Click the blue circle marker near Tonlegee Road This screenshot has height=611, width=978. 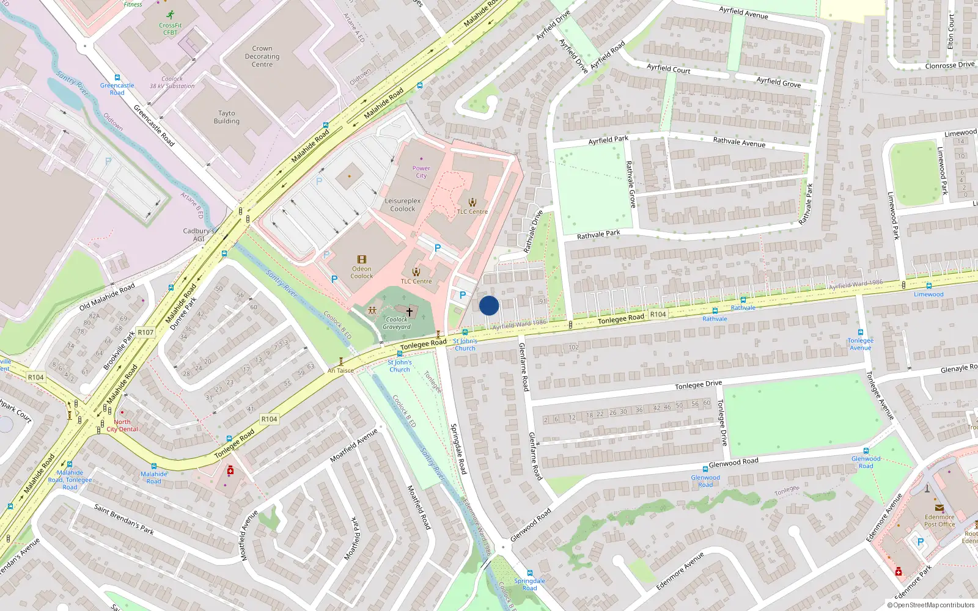488,305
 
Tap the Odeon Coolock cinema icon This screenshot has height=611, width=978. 362,260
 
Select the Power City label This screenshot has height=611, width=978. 421,172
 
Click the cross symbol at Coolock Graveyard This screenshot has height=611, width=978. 410,312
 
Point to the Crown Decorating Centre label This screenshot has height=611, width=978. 262,56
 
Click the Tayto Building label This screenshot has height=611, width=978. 226,117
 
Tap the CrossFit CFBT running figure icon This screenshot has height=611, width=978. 170,14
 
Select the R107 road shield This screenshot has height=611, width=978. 145,332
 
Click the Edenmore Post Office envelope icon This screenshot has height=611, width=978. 939,508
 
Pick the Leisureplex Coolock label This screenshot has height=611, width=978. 402,205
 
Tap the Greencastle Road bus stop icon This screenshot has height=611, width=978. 117,78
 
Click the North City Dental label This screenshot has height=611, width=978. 122,425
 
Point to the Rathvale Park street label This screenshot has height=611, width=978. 598,235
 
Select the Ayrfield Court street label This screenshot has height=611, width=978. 668,68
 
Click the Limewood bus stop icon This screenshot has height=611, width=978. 928,285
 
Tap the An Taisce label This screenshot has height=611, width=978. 340,370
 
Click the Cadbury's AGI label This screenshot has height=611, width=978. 199,235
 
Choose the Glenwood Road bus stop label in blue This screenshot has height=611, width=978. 705,481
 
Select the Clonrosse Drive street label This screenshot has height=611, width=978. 949,65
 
